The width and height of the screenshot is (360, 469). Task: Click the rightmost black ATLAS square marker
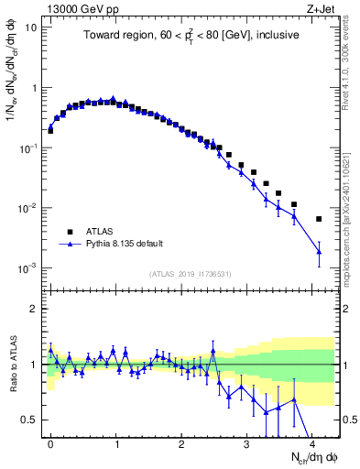(x=319, y=219)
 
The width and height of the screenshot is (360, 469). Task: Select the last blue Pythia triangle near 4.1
(x=319, y=251)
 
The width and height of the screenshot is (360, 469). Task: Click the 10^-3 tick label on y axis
(x=28, y=268)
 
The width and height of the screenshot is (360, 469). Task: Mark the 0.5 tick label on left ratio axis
(x=29, y=420)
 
